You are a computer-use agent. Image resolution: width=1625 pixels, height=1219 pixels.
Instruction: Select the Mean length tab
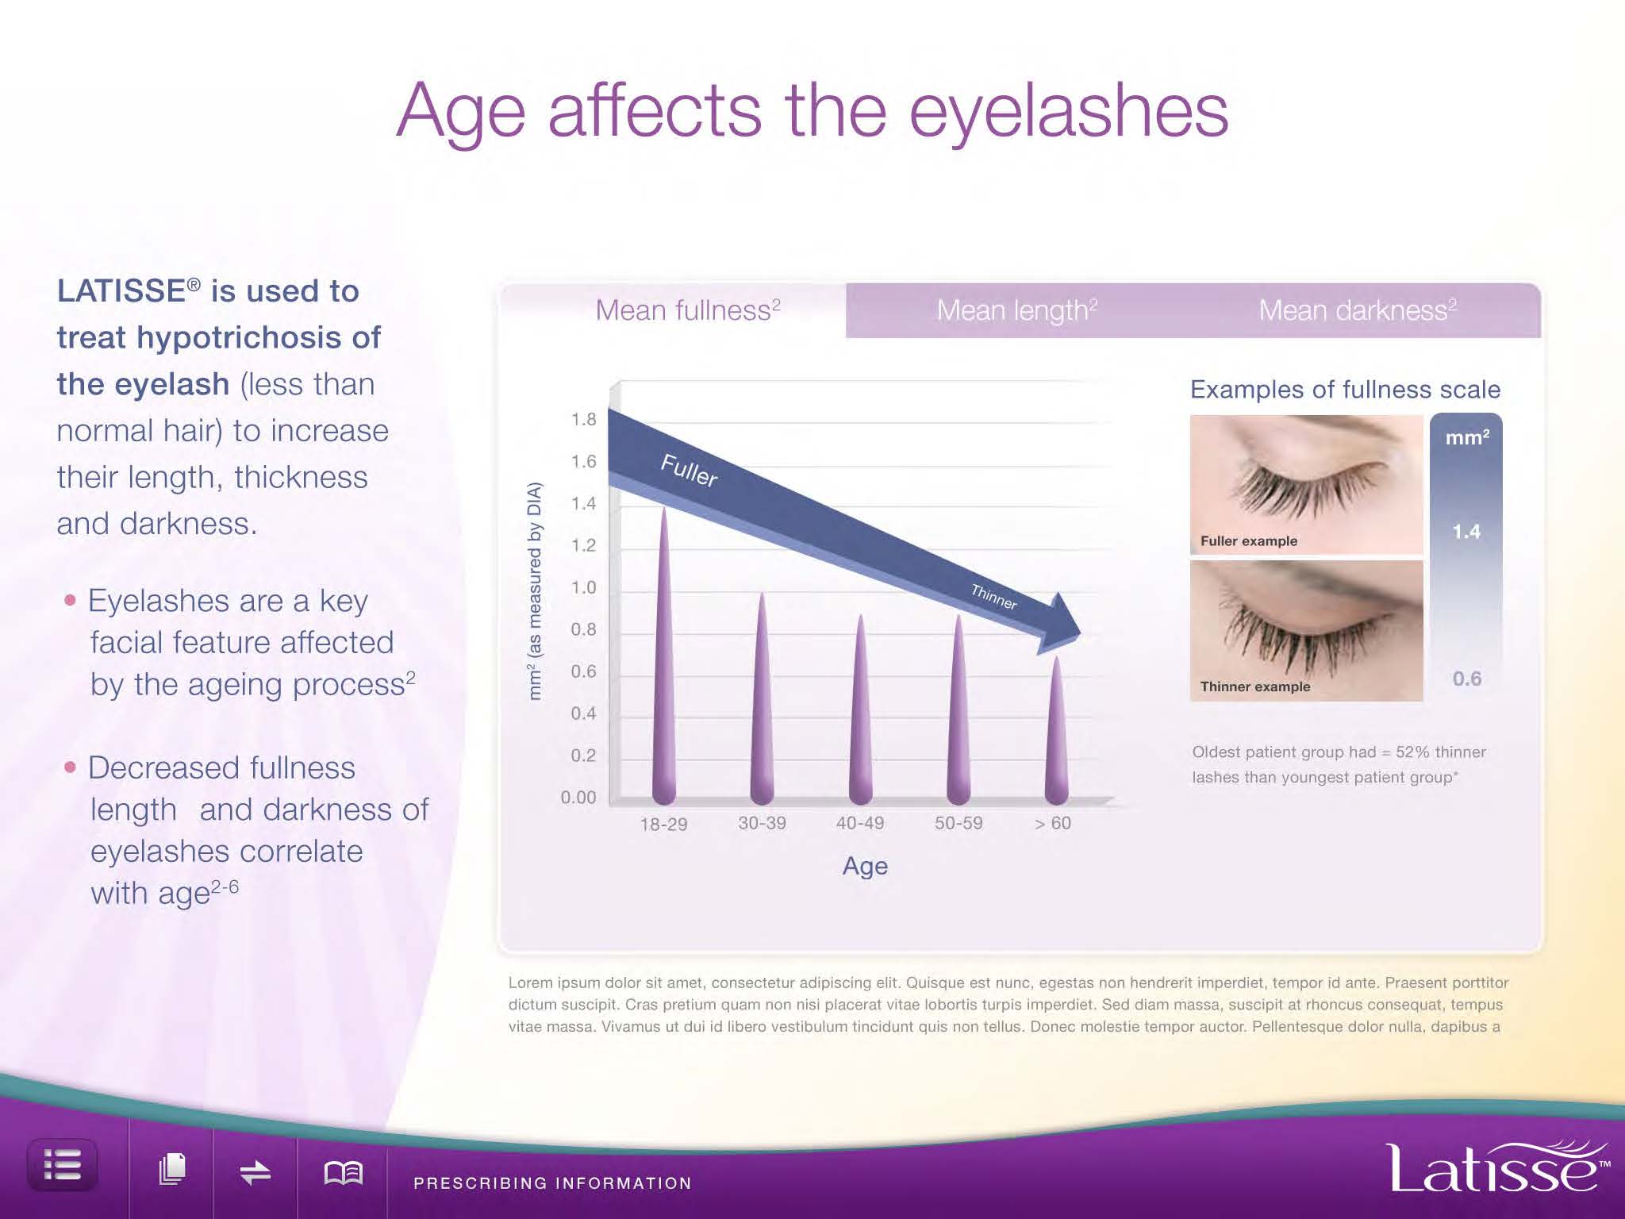pyautogui.click(x=1016, y=310)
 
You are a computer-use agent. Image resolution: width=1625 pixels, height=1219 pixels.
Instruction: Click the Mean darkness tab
pyautogui.click(x=1358, y=310)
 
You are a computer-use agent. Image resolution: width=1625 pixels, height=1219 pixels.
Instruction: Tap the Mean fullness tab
pyautogui.click(x=688, y=310)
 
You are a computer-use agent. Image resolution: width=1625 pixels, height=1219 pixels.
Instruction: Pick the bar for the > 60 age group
pyautogui.click(x=1056, y=731)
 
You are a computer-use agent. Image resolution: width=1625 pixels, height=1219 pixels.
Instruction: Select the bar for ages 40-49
pyautogui.click(x=860, y=709)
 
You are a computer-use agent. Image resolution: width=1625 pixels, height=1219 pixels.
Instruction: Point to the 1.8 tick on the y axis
pyautogui.click(x=584, y=419)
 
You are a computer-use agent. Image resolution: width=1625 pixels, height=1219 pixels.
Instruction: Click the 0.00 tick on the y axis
pyautogui.click(x=578, y=797)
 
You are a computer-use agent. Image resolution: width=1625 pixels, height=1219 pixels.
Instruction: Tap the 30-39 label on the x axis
pyautogui.click(x=762, y=823)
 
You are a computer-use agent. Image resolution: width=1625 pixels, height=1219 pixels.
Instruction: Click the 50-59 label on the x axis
pyautogui.click(x=958, y=823)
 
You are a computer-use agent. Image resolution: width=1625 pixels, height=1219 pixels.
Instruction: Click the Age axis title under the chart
pyautogui.click(x=865, y=867)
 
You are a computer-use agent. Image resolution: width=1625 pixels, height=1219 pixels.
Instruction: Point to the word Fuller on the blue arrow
pyautogui.click(x=690, y=471)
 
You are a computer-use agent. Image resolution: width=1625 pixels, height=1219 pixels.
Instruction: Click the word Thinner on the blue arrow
pyautogui.click(x=994, y=596)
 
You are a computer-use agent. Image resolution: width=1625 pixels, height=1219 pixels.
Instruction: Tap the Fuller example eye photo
pyautogui.click(x=1306, y=484)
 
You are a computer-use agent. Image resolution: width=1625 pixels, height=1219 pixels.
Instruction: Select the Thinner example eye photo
pyautogui.click(x=1306, y=631)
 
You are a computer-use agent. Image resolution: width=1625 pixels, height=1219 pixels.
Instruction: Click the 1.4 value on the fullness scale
pyautogui.click(x=1466, y=532)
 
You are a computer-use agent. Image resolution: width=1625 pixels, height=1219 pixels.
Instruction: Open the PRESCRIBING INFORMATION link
pyautogui.click(x=552, y=1183)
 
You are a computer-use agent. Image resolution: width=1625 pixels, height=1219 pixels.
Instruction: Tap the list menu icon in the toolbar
pyautogui.click(x=63, y=1166)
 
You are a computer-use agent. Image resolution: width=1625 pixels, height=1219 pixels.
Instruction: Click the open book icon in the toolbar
pyautogui.click(x=344, y=1172)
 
